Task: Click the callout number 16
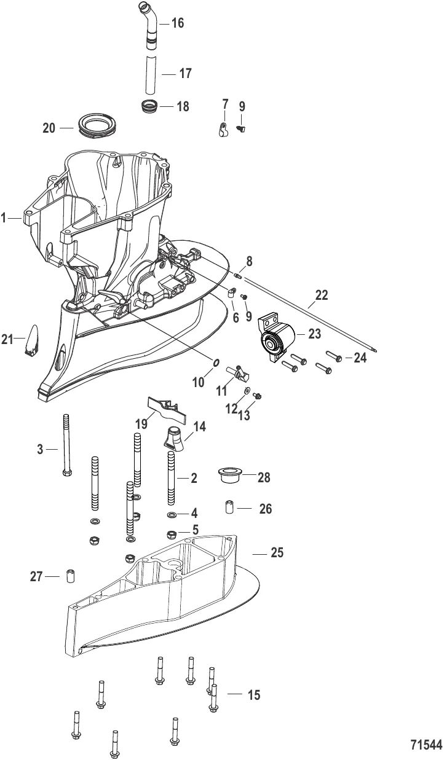[x=177, y=24]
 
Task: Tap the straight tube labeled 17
[x=151, y=72]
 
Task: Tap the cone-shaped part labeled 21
[x=31, y=340]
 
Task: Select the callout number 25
[x=277, y=553]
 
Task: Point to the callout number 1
[x=4, y=217]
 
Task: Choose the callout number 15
[x=253, y=695]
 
